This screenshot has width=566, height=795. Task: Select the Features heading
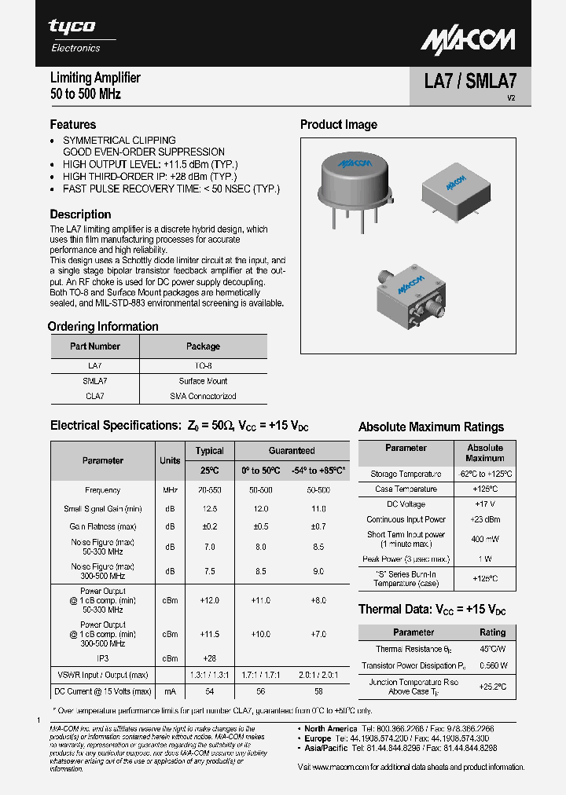click(x=73, y=124)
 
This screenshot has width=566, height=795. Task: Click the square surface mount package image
click(x=454, y=187)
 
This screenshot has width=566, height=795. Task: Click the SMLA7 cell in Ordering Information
click(x=94, y=381)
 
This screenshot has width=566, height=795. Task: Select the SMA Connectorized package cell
click(x=203, y=396)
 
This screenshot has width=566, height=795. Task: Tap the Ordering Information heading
click(x=103, y=327)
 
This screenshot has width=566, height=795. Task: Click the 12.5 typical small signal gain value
click(x=209, y=509)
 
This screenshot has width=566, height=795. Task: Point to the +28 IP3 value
click(x=209, y=658)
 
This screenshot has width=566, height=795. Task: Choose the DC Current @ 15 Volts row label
click(x=103, y=691)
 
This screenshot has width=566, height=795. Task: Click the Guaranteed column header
click(x=292, y=451)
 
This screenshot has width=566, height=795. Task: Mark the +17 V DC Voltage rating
click(x=484, y=504)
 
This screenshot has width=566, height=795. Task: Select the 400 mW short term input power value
click(x=484, y=540)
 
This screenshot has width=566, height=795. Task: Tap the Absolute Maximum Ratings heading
click(x=431, y=427)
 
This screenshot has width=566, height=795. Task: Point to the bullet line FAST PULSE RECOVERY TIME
click(x=171, y=189)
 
